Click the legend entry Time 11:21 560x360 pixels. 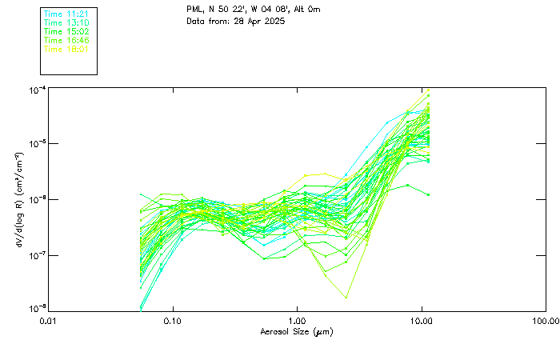click(x=66, y=14)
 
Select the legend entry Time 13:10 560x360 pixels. click(x=66, y=23)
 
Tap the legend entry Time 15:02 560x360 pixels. click(x=66, y=32)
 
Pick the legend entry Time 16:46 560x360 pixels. click(x=66, y=41)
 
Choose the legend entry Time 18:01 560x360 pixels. click(x=66, y=50)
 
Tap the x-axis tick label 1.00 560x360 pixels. click(x=297, y=322)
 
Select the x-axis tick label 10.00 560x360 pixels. click(x=422, y=322)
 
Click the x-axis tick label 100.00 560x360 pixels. click(x=545, y=322)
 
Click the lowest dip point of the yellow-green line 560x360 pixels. click(x=346, y=298)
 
